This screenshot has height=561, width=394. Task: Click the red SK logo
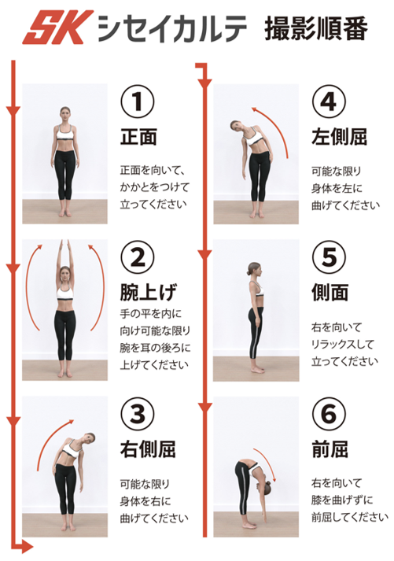click(58, 28)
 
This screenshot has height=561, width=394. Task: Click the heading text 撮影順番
click(316, 28)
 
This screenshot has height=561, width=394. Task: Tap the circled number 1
click(138, 102)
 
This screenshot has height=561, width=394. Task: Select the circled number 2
click(138, 257)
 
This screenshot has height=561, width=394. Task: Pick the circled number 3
click(138, 414)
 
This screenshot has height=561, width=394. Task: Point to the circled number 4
click(329, 102)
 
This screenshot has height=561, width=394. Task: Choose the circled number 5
click(329, 257)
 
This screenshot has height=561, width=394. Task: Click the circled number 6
click(329, 414)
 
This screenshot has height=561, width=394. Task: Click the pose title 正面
click(138, 137)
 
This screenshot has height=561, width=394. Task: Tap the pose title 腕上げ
click(148, 293)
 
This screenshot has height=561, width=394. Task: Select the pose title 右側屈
click(148, 448)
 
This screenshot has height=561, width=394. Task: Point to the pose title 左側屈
click(339, 137)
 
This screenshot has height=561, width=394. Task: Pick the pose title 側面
click(330, 293)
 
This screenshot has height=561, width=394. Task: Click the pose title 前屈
click(330, 448)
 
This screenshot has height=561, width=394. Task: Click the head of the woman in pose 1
click(65, 115)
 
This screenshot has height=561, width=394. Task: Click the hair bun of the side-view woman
click(249, 272)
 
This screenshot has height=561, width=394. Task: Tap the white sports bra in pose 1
click(65, 135)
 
